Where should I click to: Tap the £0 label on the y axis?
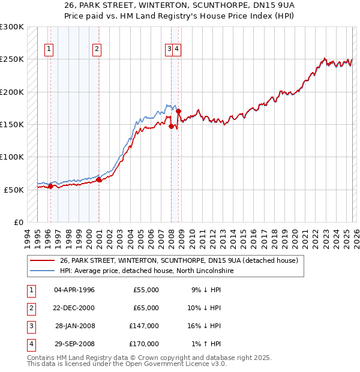point(18,222)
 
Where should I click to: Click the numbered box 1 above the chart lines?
point(49,50)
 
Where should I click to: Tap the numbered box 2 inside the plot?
point(96,50)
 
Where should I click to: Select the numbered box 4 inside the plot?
point(178,50)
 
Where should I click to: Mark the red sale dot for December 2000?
point(99,179)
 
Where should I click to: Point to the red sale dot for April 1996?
point(50,186)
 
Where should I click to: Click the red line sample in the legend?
point(43,261)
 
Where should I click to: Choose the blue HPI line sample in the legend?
point(43,271)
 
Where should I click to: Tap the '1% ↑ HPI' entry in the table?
point(206,344)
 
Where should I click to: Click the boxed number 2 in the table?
point(29,308)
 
